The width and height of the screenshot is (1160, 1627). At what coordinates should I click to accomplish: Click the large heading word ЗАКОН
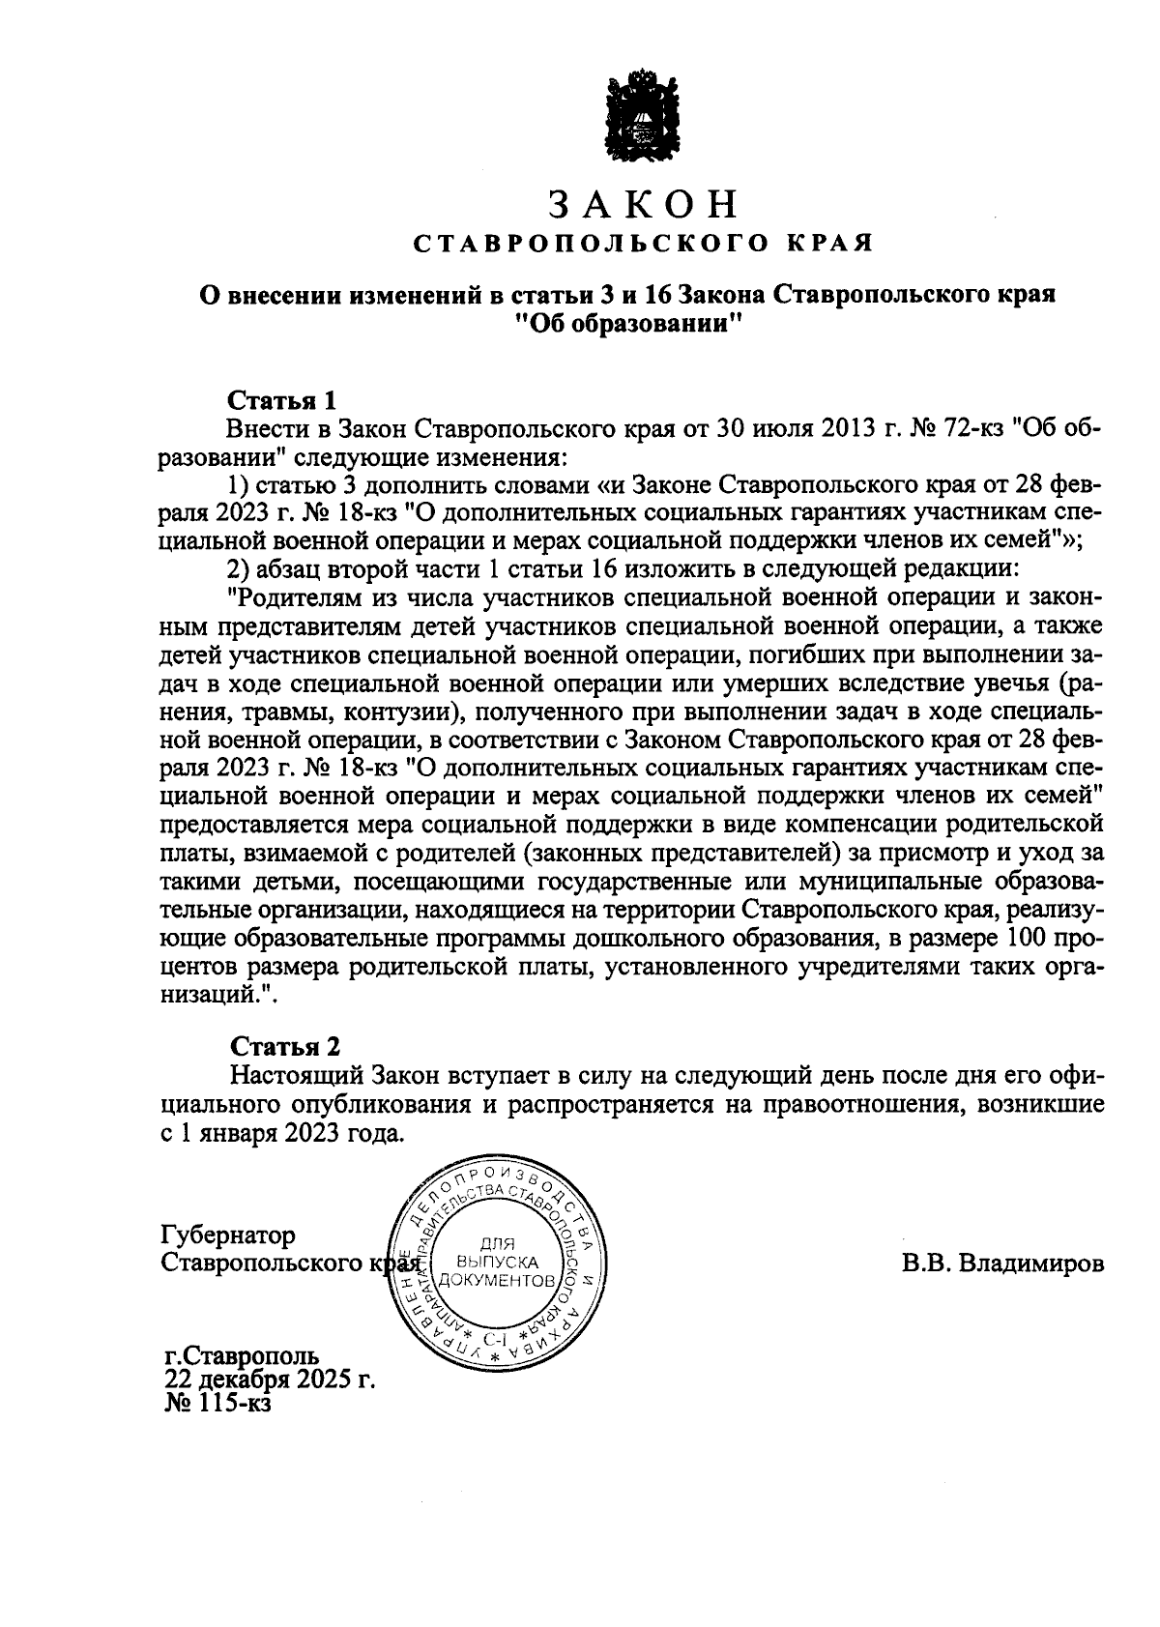(x=644, y=204)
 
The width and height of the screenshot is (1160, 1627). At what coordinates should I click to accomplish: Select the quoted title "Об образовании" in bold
(x=627, y=325)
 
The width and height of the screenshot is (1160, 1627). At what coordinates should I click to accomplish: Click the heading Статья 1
(x=281, y=400)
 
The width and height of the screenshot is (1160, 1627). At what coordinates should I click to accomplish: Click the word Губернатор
(x=229, y=1235)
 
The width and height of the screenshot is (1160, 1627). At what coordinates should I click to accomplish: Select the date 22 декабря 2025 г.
(x=270, y=1378)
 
